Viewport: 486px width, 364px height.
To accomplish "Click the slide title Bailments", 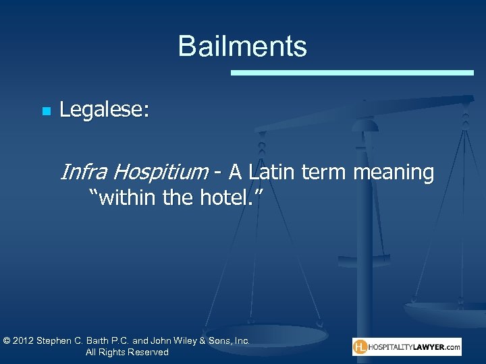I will point(242,47).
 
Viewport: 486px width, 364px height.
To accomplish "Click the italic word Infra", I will point(83,173).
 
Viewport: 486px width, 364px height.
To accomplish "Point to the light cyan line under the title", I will point(352,72).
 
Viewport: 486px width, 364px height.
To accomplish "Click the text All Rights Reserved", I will point(127,353).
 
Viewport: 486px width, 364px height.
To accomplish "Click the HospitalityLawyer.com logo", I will point(407,347).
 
